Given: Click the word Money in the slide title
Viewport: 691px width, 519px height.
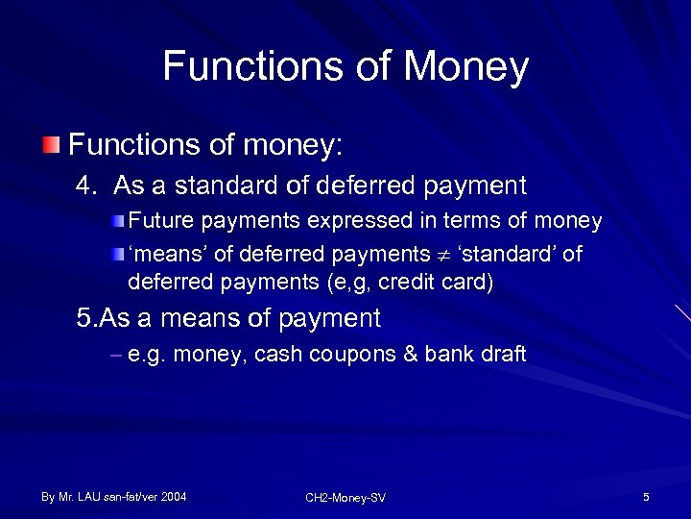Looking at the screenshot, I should pyautogui.click(x=466, y=67).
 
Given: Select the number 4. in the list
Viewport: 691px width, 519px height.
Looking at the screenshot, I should pyautogui.click(x=87, y=185).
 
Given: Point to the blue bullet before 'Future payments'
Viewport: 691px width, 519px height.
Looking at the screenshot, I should pyautogui.click(x=117, y=222).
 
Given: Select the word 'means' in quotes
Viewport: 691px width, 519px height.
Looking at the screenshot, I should pyautogui.click(x=157, y=254).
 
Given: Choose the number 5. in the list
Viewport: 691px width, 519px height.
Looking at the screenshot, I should pyautogui.click(x=86, y=318).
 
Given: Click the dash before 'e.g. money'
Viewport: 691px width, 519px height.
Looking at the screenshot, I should pyautogui.click(x=116, y=355).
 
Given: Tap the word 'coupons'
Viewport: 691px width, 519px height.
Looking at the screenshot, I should pyautogui.click(x=360, y=355).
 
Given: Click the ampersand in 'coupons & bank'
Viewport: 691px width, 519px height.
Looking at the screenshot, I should pyautogui.click(x=410, y=355).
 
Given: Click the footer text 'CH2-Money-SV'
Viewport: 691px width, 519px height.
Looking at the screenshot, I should pyautogui.click(x=345, y=498).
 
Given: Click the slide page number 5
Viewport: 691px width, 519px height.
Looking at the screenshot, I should pyautogui.click(x=646, y=497).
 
